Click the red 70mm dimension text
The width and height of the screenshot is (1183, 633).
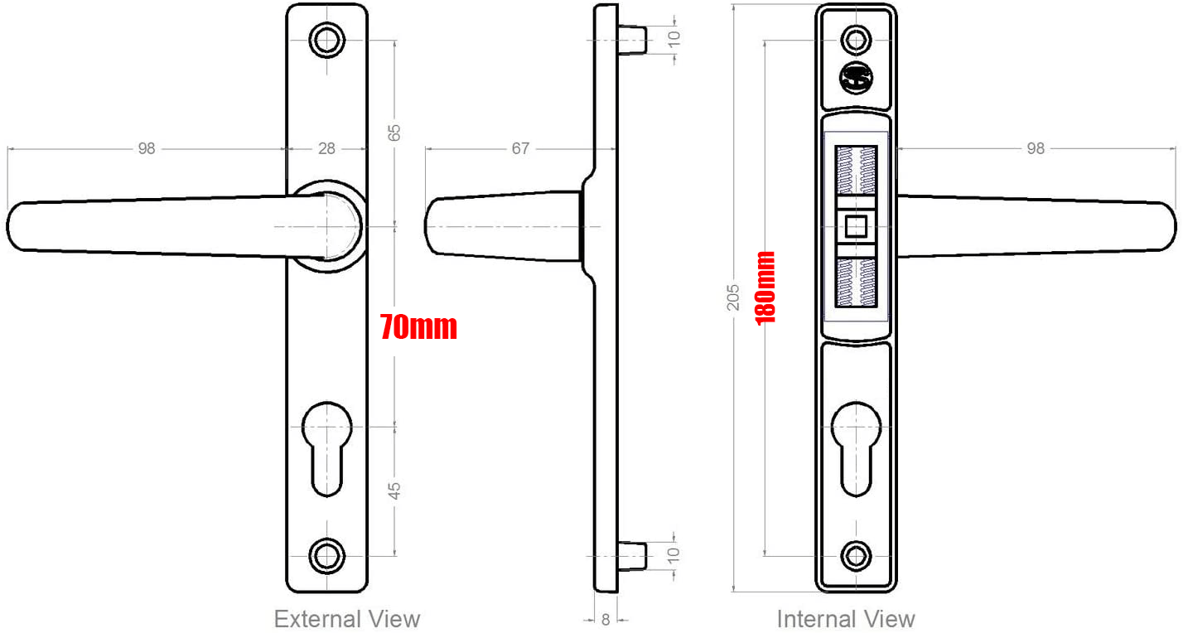[418, 327]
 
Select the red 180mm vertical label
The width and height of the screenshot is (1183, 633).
[765, 288]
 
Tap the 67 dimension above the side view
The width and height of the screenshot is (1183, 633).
[520, 149]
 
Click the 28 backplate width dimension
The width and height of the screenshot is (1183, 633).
[327, 149]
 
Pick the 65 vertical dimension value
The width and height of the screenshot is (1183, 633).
[394, 133]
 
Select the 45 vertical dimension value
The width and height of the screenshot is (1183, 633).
[394, 490]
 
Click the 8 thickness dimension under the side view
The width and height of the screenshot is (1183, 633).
[606, 620]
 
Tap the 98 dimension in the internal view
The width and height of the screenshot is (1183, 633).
[1036, 149]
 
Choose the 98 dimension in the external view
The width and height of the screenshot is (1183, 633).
[147, 149]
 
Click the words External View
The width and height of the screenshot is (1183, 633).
[347, 619]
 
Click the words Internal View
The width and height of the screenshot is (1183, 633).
[846, 619]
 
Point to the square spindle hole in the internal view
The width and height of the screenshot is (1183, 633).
[856, 225]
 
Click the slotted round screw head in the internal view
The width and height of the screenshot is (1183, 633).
[856, 79]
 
